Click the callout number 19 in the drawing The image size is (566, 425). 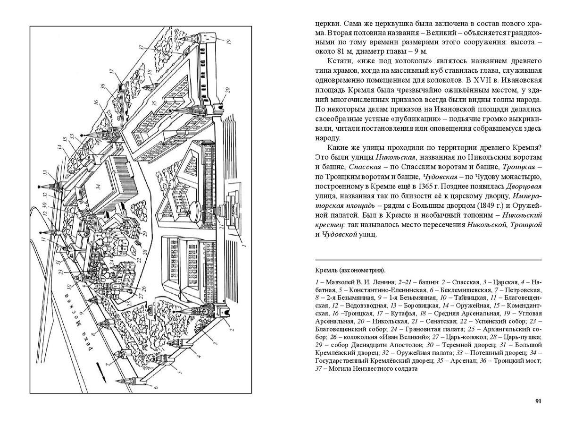(x=228, y=42)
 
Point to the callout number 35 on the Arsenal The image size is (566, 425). (x=154, y=102)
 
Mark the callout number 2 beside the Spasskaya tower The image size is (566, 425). (x=232, y=330)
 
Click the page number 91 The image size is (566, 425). (x=538, y=401)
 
